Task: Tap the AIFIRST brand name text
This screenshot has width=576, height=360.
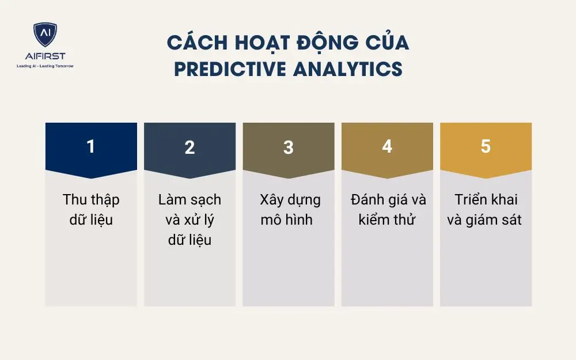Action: [x=45, y=56]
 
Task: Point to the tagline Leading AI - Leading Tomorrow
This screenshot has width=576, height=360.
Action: [x=45, y=66]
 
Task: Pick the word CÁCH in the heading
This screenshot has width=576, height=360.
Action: [x=193, y=43]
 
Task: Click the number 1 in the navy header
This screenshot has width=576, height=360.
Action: [x=90, y=147]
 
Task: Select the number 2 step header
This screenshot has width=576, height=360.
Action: [x=190, y=147]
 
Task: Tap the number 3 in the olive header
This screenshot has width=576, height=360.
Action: [x=288, y=147]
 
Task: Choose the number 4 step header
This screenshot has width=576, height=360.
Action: [x=387, y=147]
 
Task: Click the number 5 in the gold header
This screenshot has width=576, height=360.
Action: [x=486, y=147]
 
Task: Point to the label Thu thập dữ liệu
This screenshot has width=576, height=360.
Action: [x=91, y=210]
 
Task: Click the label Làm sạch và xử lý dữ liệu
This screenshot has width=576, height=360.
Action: [x=190, y=219]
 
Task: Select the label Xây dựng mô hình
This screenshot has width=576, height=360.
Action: [x=288, y=210]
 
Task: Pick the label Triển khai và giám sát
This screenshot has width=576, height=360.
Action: [x=485, y=210]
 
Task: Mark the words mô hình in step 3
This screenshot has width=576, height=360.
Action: [x=286, y=219]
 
